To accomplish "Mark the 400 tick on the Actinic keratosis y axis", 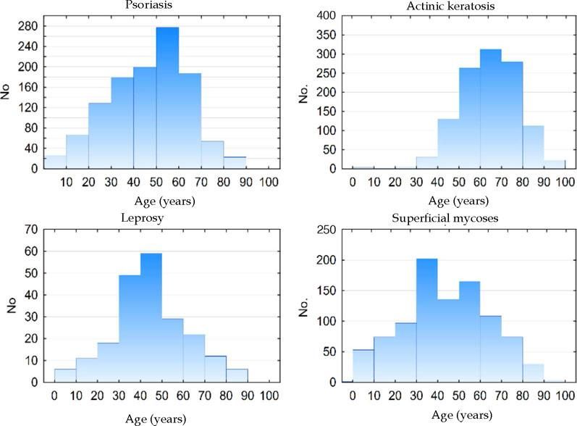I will point(327,15).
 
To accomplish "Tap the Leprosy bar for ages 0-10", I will point(65,375).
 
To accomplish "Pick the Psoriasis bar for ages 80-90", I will point(235,162).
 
